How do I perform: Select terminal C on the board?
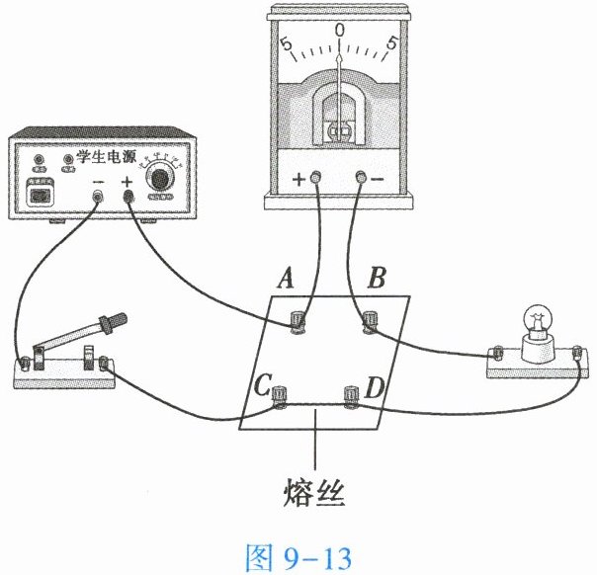(x=279, y=395)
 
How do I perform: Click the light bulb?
(x=539, y=323)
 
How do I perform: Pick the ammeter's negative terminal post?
(x=362, y=179)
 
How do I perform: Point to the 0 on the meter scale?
(x=340, y=30)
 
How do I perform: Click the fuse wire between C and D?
(x=315, y=403)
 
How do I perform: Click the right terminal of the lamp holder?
(x=575, y=352)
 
